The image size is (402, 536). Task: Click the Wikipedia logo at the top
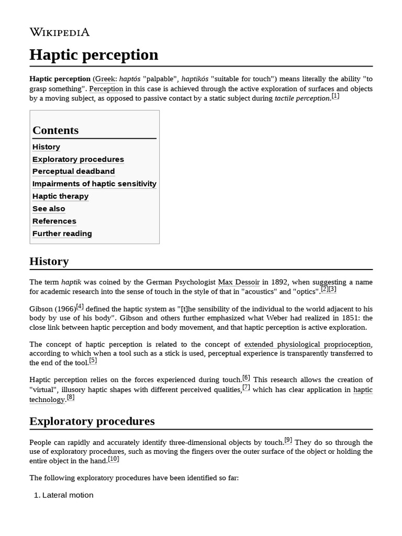[59, 32]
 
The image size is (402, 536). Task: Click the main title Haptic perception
[94, 54]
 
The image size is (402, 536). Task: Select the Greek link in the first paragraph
[104, 79]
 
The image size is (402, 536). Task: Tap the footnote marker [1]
[335, 96]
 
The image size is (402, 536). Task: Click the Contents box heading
[55, 130]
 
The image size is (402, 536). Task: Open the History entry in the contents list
[46, 147]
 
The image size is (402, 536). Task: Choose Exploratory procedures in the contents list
[78, 159]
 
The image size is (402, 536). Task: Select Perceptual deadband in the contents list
[73, 172]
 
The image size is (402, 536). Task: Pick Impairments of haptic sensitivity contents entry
[94, 184]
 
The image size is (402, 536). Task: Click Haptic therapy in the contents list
[60, 196]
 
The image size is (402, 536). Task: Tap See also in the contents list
[49, 209]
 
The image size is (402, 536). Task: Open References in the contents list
[54, 221]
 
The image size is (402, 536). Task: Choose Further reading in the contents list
[62, 233]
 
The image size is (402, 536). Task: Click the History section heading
[49, 261]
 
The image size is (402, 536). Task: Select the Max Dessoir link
[239, 282]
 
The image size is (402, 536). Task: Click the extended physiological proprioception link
[308, 344]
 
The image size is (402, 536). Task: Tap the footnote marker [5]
[93, 360]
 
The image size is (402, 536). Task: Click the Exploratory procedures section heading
[92, 421]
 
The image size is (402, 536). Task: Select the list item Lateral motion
[68, 495]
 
